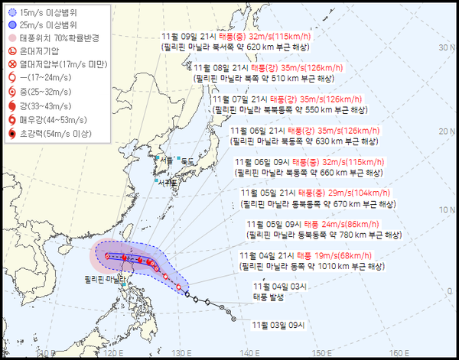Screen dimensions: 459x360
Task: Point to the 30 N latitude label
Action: tap(441, 47)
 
